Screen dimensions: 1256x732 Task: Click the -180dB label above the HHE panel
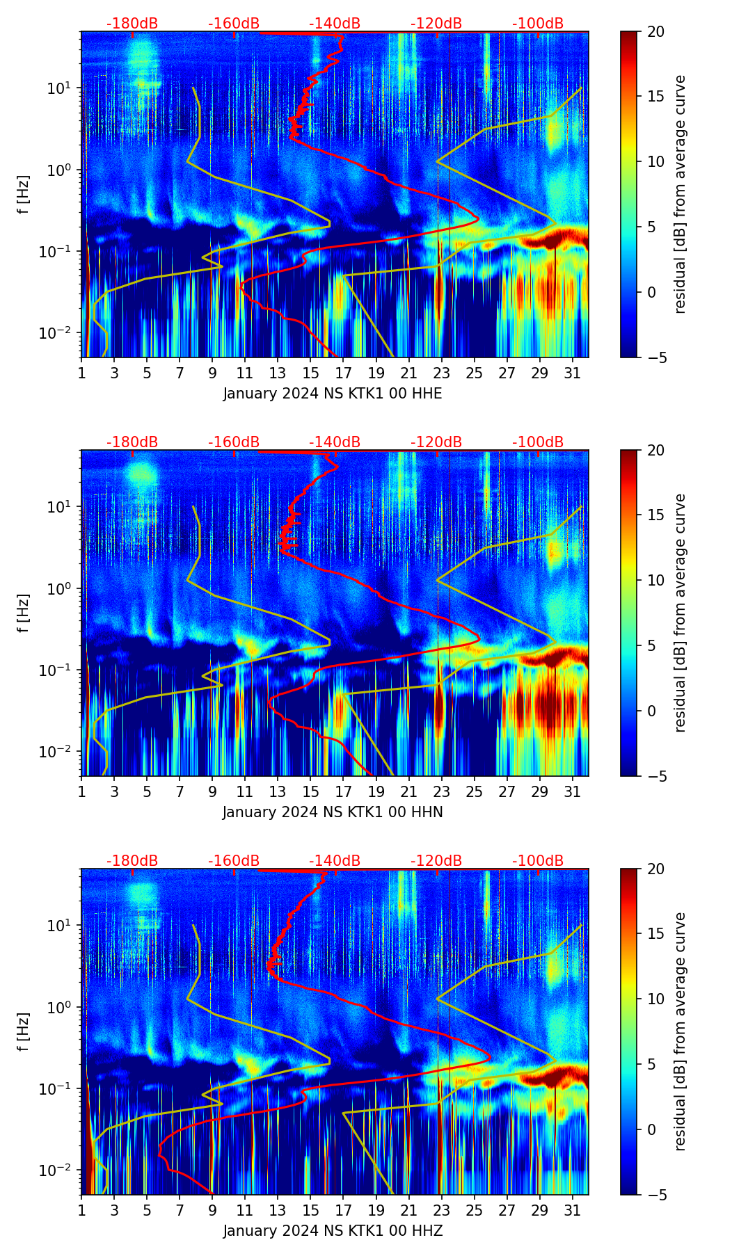pos(132,24)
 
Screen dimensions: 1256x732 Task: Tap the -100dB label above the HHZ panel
pos(538,861)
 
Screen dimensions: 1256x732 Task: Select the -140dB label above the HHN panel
pos(335,442)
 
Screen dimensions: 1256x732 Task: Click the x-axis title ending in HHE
pos(333,394)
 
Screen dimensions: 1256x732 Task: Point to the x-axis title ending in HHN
pos(333,812)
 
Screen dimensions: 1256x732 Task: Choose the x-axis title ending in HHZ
pos(333,1231)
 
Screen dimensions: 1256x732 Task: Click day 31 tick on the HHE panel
pos(572,373)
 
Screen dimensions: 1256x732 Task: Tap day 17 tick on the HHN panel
pos(343,791)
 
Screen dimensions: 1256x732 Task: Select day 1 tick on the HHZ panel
pos(81,1210)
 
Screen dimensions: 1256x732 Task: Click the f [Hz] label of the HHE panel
pos(24,195)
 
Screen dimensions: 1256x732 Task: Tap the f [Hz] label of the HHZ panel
pos(24,1032)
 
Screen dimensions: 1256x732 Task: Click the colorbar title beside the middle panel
pos(681,613)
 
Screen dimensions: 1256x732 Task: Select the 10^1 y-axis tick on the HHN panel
pos(61,507)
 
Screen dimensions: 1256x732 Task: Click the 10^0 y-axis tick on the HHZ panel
pos(61,1007)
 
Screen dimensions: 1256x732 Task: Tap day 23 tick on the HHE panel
pos(441,373)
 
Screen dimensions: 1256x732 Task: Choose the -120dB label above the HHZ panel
pos(436,861)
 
